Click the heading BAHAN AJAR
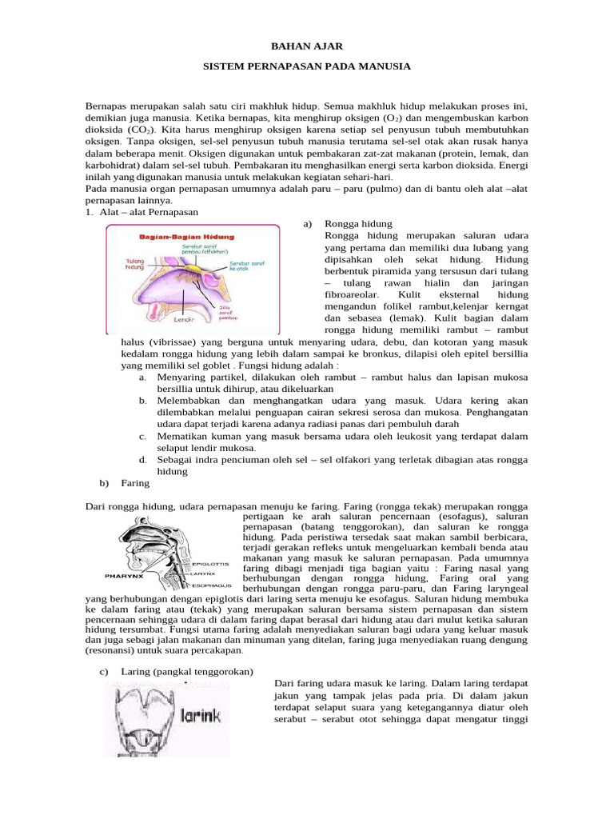(306, 48)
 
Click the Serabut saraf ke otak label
(245, 266)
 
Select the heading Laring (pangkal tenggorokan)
(186, 671)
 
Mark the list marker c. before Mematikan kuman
(142, 436)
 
